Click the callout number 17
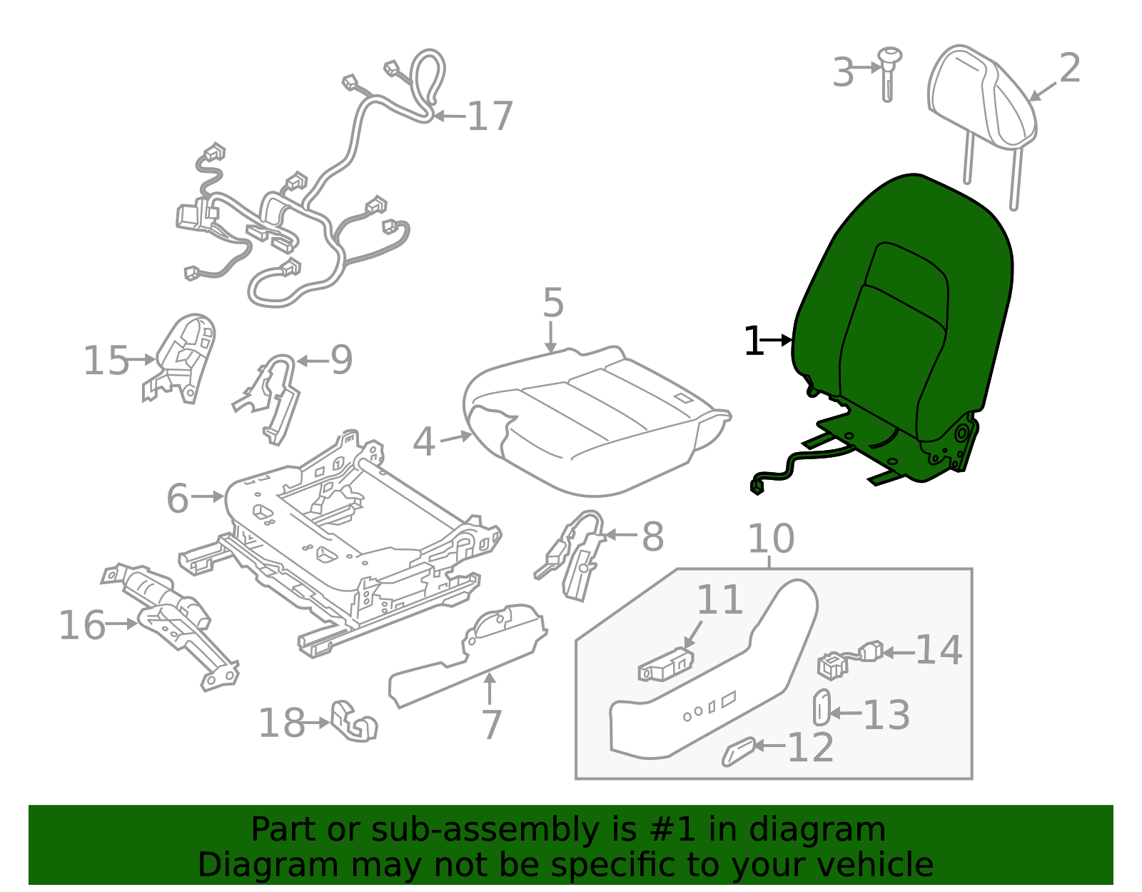tap(490, 116)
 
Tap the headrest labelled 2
tap(981, 96)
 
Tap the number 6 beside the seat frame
tap(177, 498)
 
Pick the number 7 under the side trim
tap(492, 725)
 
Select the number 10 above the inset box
tap(771, 538)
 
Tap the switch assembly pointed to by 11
tap(666, 666)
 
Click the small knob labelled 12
tap(738, 751)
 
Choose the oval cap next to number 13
tap(822, 707)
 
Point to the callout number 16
tap(81, 625)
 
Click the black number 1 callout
tap(753, 341)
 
